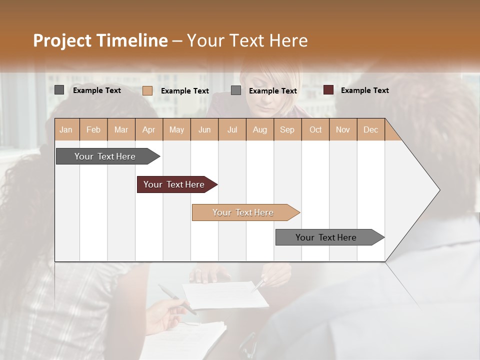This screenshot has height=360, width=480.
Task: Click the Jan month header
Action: coord(66,130)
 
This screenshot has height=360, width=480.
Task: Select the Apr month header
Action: coord(149,130)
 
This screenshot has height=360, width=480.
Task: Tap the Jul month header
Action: coord(232,130)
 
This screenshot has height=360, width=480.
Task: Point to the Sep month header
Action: coord(287,130)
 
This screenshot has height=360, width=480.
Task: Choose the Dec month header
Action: coord(370,130)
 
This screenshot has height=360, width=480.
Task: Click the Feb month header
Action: coord(93,130)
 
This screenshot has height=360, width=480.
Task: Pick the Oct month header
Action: coord(315,130)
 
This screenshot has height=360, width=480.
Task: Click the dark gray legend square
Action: coord(59,90)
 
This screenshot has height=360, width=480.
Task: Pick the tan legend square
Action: coord(147,90)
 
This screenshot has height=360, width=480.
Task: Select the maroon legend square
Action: coord(328,90)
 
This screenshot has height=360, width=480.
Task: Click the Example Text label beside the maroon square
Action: coord(364,90)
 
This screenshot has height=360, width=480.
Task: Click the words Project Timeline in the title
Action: coord(100,40)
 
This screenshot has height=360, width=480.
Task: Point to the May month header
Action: coord(176,130)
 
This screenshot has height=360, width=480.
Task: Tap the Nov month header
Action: coord(343,130)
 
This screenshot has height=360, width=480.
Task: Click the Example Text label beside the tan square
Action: coord(184,91)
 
